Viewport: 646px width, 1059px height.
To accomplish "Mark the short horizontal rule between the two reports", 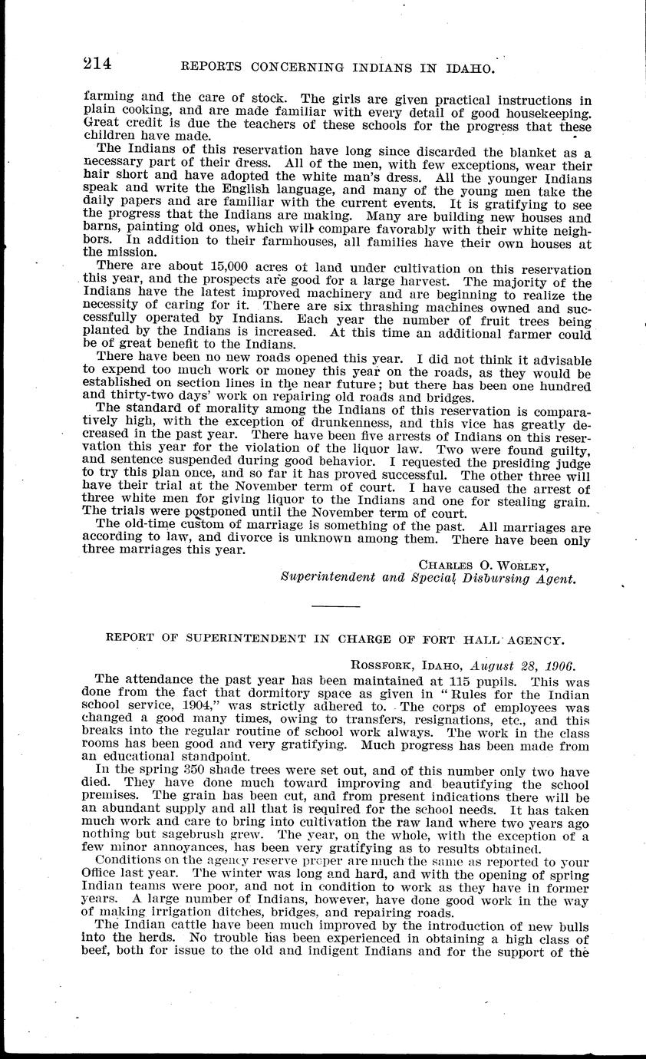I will pos(337,605).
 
